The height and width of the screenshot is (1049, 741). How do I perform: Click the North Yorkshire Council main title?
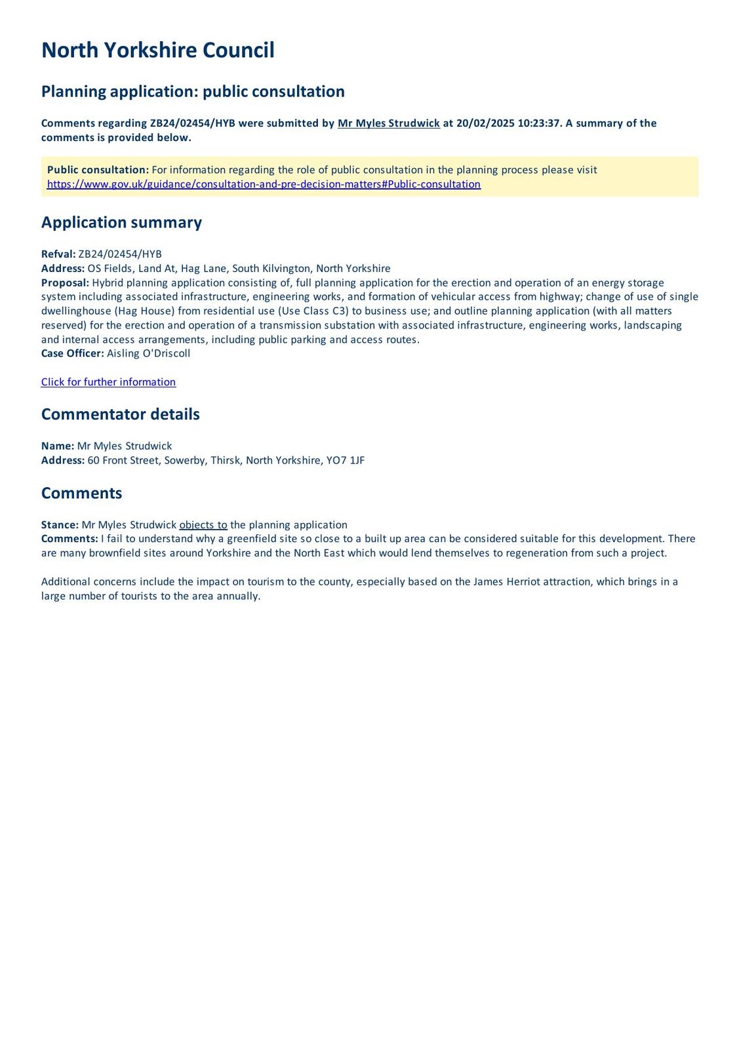[x=157, y=50]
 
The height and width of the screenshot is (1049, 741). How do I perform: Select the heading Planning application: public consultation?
[x=193, y=91]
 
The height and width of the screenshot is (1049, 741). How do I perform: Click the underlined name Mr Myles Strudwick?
[x=388, y=123]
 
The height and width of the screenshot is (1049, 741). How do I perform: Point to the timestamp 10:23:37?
[x=539, y=123]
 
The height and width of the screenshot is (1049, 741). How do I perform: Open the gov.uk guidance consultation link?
[x=264, y=184]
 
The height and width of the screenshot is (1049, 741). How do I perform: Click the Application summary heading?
[x=121, y=222]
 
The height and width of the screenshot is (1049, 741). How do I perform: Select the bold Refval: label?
[x=58, y=254]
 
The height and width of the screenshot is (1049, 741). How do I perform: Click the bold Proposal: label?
[x=65, y=283]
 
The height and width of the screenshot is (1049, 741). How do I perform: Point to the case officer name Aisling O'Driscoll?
[x=148, y=353]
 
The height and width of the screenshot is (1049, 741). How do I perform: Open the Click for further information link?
[x=108, y=382]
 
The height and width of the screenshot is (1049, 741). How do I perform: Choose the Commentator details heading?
[x=120, y=414]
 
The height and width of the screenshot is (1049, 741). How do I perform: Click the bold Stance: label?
[x=60, y=524]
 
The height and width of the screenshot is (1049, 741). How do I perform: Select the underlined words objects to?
[x=203, y=524]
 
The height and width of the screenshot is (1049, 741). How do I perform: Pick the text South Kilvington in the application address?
[x=271, y=268]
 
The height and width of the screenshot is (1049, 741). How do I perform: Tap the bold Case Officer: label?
[x=72, y=353]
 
